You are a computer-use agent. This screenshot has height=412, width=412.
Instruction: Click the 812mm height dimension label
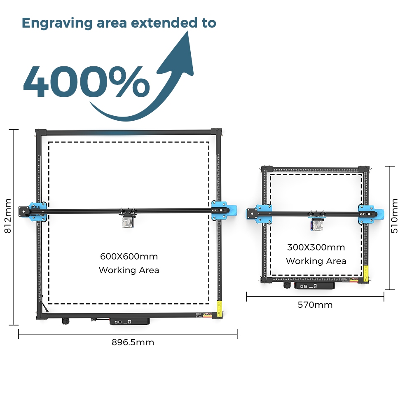[x=8, y=216]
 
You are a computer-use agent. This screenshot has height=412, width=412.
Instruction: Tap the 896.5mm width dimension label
[x=133, y=342]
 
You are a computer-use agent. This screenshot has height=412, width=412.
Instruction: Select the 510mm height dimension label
[x=394, y=216]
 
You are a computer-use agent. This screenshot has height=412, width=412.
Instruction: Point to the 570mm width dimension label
[x=315, y=305]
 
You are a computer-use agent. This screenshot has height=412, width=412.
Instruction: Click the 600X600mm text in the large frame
[x=129, y=256]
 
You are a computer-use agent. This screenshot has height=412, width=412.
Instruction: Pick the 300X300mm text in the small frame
[x=316, y=247]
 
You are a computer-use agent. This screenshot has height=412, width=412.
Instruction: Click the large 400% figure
[x=86, y=82]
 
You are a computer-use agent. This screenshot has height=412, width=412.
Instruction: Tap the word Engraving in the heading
[x=57, y=23]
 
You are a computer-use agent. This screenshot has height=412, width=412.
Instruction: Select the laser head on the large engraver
[x=128, y=220]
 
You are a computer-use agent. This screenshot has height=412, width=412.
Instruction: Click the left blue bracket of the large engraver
[x=37, y=212]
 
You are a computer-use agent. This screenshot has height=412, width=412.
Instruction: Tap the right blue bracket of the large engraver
[x=224, y=211]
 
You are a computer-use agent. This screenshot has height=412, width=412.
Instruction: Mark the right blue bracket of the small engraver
[x=370, y=214]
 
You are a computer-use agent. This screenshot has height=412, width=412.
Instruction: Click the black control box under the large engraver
[x=129, y=321]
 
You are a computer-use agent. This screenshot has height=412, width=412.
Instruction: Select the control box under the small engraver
[x=314, y=286]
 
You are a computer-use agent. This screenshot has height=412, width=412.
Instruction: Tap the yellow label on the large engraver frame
[x=219, y=307]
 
